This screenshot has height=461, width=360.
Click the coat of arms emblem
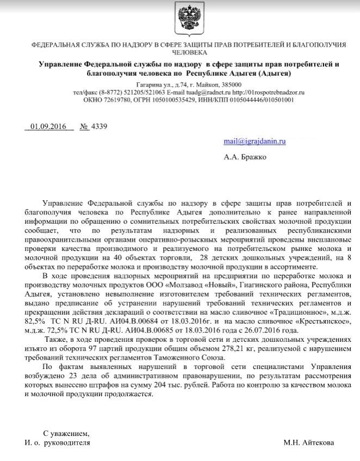[179, 19]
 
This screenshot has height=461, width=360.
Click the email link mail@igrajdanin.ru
[255, 141]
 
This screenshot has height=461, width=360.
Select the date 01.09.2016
[48, 127]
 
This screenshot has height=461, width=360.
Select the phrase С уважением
[65, 433]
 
